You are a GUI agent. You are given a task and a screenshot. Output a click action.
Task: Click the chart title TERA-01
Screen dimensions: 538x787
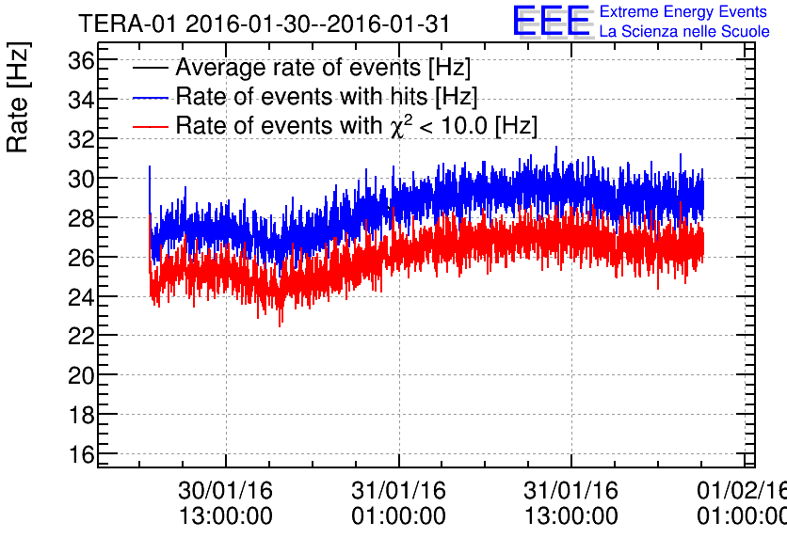[x=127, y=24]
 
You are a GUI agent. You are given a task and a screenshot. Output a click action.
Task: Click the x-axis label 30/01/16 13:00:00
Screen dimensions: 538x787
[x=226, y=503]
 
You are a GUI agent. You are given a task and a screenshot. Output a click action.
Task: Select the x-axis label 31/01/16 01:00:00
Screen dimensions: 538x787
[x=398, y=503]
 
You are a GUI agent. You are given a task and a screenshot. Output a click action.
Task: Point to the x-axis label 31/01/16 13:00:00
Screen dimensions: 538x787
[x=571, y=503]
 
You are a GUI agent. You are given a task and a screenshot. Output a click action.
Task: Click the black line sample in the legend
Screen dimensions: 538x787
[x=151, y=69]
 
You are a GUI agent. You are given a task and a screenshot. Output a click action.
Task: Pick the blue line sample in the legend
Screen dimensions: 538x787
[x=151, y=97]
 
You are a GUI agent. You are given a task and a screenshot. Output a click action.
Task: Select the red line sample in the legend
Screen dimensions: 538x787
[x=151, y=126]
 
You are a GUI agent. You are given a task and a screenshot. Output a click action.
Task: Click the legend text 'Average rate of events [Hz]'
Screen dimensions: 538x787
[x=323, y=69]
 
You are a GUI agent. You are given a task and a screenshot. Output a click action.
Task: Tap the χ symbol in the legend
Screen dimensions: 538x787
[x=394, y=128]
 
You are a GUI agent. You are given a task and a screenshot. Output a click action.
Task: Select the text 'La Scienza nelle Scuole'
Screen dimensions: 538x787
[x=684, y=32]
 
